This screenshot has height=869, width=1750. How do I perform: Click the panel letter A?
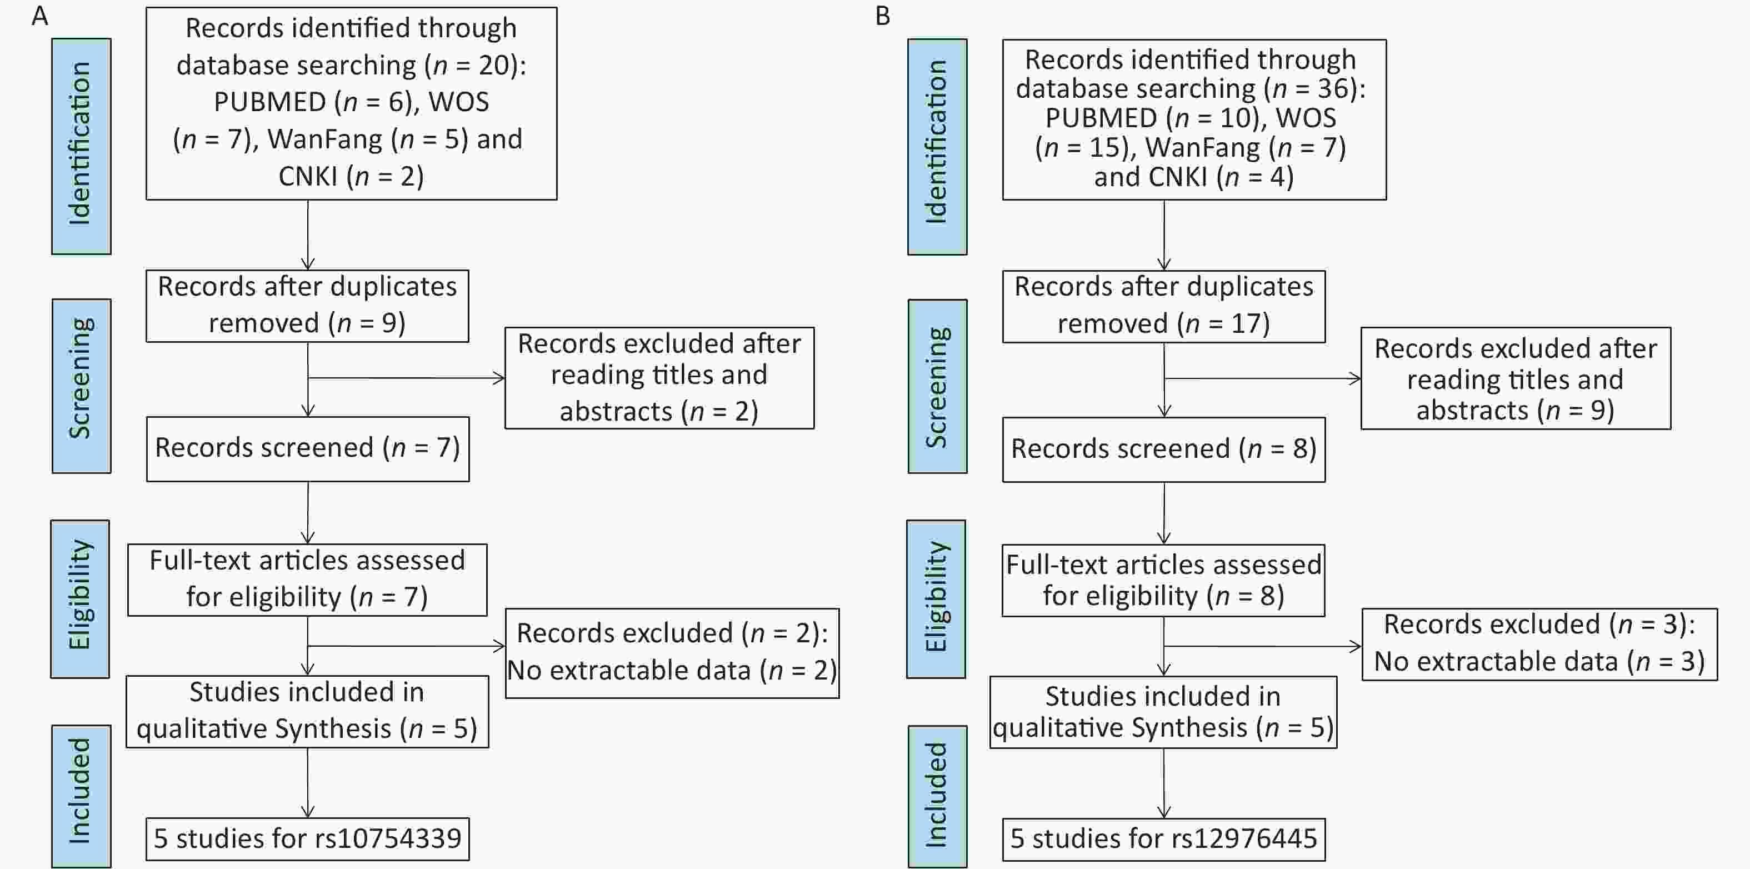pos(40,16)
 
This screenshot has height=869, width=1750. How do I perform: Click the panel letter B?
pos(882,16)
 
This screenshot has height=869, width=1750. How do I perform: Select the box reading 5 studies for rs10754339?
pos(308,839)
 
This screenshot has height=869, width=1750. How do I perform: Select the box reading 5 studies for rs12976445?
pos(1164,839)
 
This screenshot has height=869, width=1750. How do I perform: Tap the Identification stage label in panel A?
pos(81,146)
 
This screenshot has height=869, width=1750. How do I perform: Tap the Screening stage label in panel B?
pos(938,386)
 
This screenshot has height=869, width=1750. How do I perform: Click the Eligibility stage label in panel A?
pos(80,598)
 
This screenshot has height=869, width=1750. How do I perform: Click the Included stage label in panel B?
pos(938,796)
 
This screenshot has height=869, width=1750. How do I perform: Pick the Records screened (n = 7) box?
pos(308,449)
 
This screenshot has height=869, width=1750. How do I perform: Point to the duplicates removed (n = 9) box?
pos(307,306)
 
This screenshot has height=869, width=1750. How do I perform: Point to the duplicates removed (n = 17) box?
pos(1164,306)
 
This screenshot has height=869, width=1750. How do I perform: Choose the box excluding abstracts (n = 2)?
pos(659,378)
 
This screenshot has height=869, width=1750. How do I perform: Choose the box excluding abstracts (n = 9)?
pos(1516,378)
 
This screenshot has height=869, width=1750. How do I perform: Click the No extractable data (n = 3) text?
pos(1539,661)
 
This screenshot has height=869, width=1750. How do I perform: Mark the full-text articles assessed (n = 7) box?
pos(307,580)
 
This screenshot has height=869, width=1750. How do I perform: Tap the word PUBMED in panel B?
pos(1101,118)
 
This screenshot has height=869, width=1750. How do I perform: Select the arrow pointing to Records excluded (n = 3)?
pos(1262,646)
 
